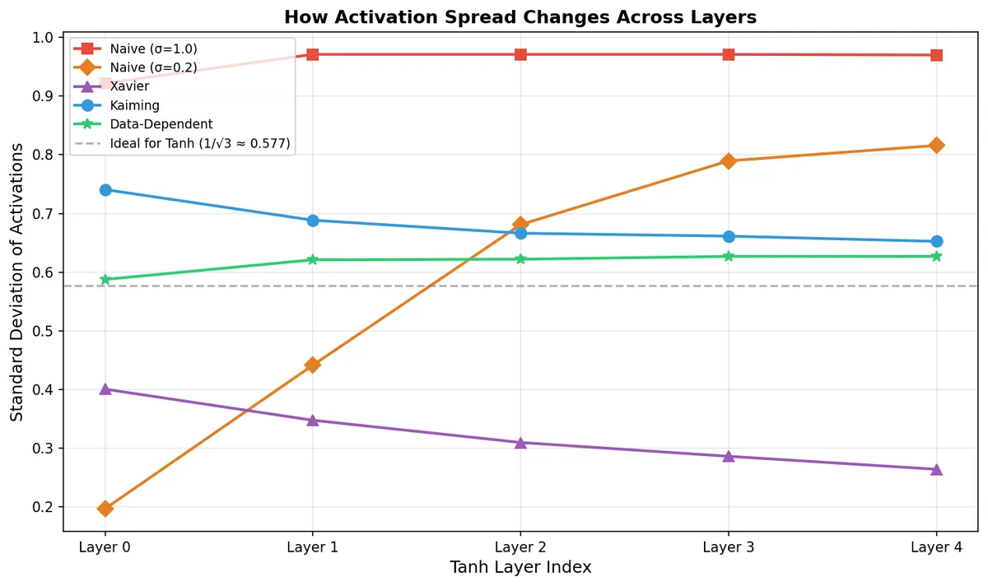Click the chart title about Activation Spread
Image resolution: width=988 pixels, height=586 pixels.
tap(520, 16)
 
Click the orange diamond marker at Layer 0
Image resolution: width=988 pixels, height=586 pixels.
tap(105, 509)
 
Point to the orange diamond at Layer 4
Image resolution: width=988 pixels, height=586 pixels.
tap(936, 145)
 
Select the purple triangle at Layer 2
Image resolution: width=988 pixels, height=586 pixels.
tap(520, 443)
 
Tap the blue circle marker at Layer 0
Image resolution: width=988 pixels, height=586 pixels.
tap(105, 190)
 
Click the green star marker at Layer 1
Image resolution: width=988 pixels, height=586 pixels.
tap(313, 260)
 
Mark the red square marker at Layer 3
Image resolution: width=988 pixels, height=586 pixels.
tap(729, 54)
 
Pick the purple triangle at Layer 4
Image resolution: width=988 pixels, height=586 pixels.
tap(936, 469)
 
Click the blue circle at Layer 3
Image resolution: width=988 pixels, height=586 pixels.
tap(729, 236)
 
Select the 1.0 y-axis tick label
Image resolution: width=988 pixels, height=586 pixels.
tap(43, 38)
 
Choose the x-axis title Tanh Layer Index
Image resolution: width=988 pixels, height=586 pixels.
tap(520, 568)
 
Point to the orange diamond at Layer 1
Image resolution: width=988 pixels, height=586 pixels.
tap(313, 365)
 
